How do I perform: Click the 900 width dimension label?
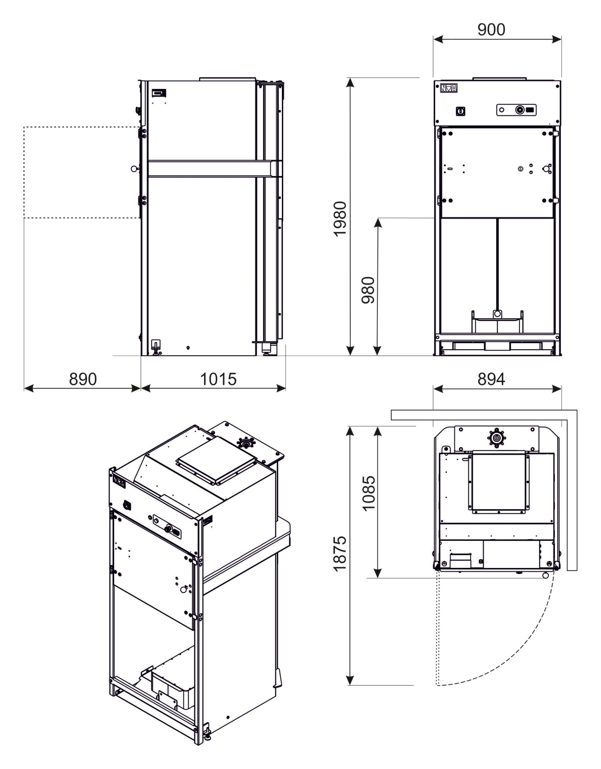491,30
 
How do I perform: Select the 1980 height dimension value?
340,219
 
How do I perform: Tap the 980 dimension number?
369,290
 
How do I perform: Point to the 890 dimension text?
82,379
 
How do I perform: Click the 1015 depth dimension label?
219,379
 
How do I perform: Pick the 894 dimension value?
491,379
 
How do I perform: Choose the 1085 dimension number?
369,493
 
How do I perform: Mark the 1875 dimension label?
340,553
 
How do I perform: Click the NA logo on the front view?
449,88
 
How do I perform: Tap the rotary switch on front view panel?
460,111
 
